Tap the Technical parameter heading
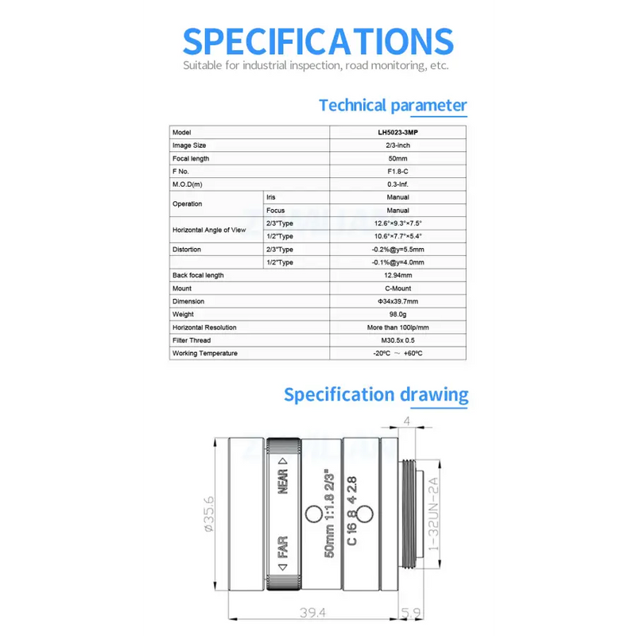(x=393, y=105)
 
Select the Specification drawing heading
(x=376, y=394)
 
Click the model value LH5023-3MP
(x=397, y=132)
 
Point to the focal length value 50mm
(x=397, y=158)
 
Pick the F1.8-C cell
(x=397, y=171)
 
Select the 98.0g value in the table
(x=397, y=314)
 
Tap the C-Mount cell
(x=397, y=289)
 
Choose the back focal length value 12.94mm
(x=397, y=275)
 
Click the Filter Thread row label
(x=192, y=340)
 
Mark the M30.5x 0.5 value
(x=397, y=340)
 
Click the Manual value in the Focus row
(x=397, y=211)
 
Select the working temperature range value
(x=397, y=353)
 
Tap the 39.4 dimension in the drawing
(x=312, y=612)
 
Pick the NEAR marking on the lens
(x=283, y=476)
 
